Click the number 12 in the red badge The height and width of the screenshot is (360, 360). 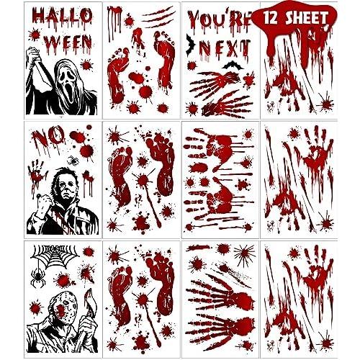(270, 17)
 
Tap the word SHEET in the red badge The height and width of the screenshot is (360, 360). (307, 17)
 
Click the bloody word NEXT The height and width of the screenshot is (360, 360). (225, 49)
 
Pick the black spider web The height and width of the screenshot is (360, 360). (55, 256)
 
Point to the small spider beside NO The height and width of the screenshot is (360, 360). (72, 160)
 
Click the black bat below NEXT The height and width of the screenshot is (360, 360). (231, 65)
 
